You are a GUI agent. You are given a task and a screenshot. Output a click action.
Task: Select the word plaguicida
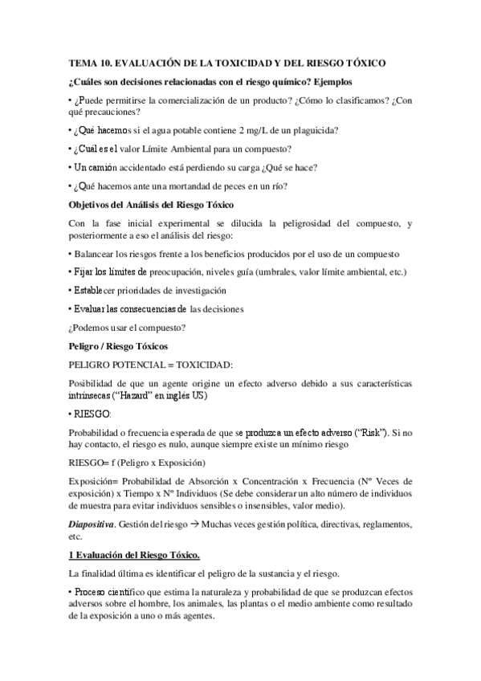click(x=313, y=129)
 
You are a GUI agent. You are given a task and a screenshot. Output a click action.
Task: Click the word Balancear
click(x=97, y=253)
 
